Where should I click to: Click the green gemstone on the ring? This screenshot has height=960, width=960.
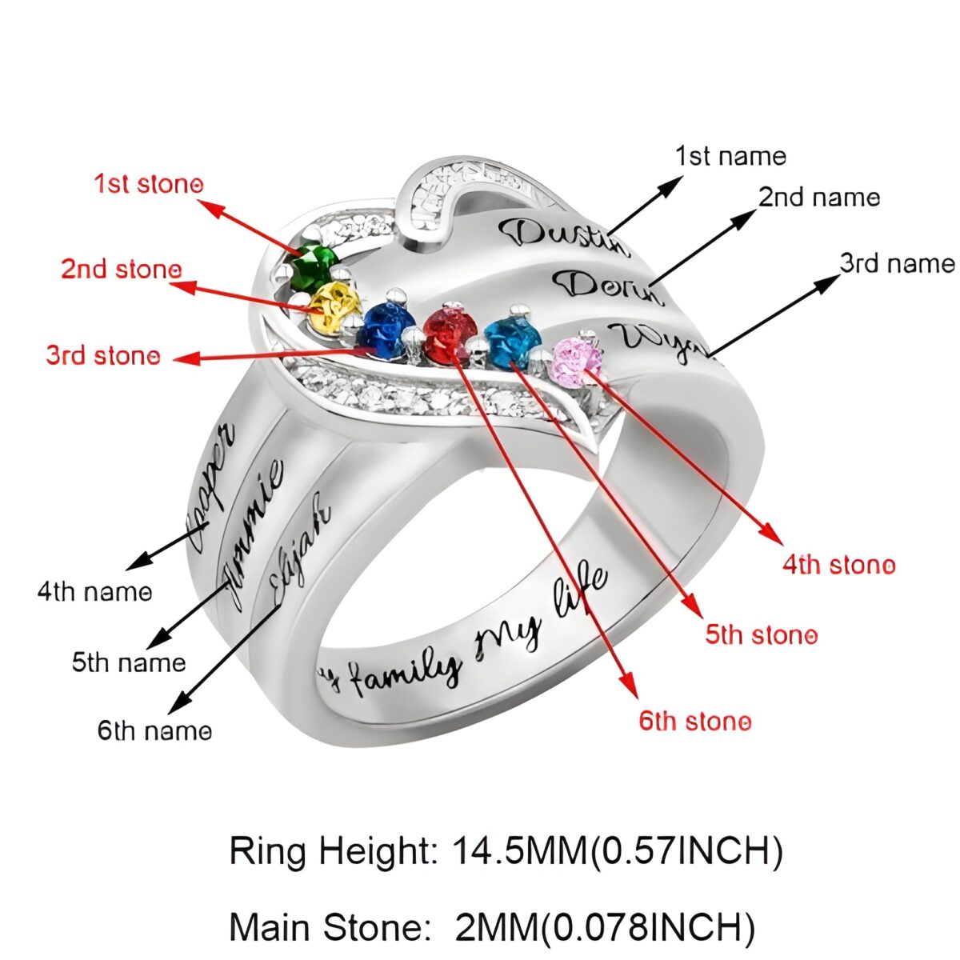pos(313,266)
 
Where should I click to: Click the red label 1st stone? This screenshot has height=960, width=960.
pos(149,184)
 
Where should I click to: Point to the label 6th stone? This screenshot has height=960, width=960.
pos(694,721)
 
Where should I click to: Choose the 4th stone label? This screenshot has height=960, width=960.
pos(838,565)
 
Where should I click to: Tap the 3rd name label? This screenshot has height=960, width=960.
pos(897,263)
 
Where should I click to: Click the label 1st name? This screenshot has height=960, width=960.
pos(730,156)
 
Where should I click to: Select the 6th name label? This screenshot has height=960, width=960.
pos(154,730)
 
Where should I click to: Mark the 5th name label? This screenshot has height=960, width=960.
pos(129,662)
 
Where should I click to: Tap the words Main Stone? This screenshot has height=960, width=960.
pos(326,927)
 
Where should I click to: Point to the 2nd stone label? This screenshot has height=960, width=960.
pos(122,269)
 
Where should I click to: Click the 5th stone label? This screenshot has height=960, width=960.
pos(761,635)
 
